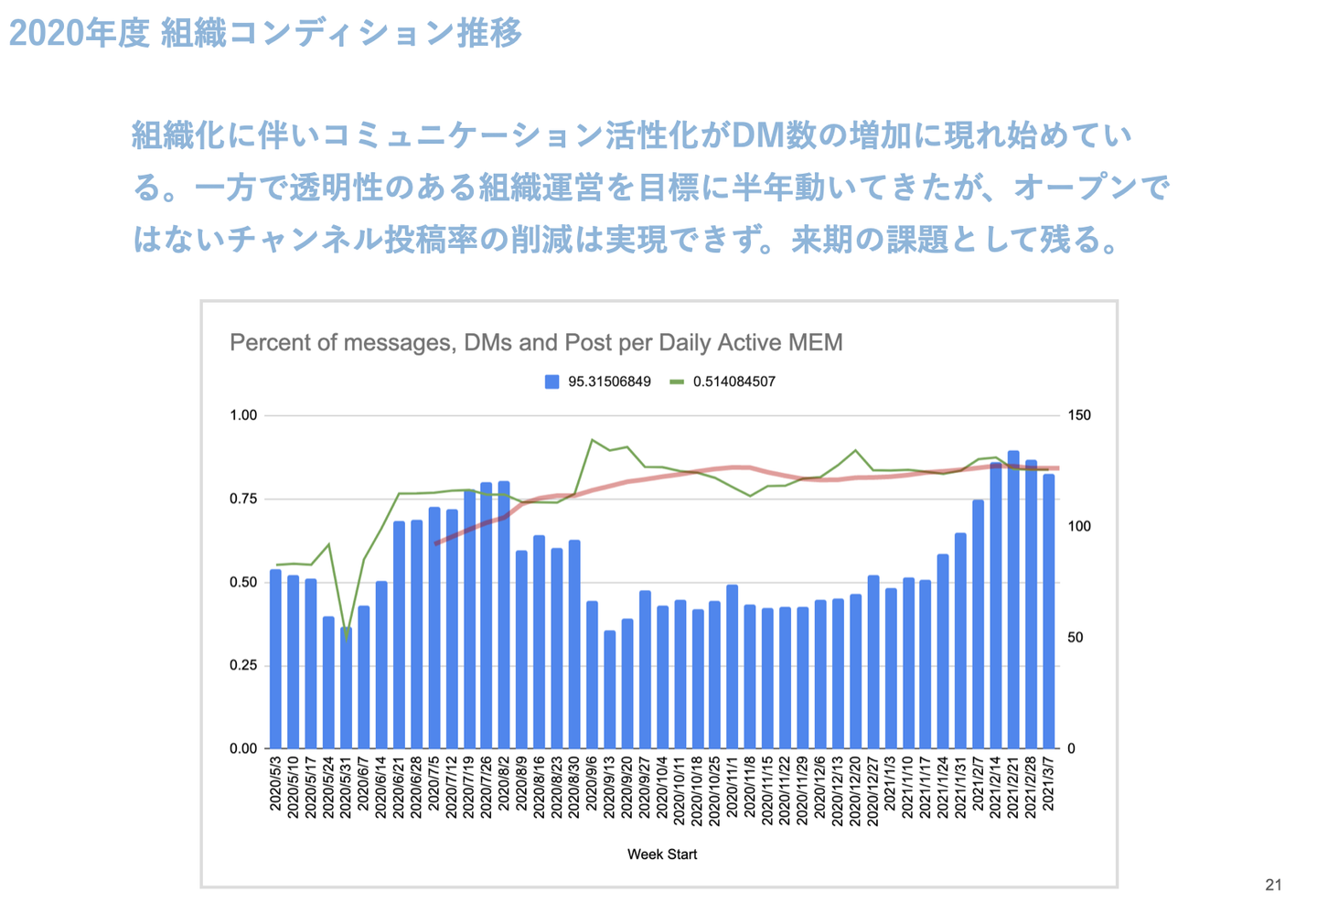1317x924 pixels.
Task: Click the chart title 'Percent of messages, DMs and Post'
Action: pos(536,343)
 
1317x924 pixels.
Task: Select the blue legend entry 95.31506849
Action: pos(599,381)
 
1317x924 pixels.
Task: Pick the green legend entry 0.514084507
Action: pos(723,381)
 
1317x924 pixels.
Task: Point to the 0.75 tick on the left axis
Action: pos(243,499)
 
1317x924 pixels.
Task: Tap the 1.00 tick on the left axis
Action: pos(243,415)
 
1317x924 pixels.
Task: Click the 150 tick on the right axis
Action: pos(1079,415)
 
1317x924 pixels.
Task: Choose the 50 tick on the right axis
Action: pos(1076,638)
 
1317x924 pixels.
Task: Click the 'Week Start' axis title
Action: pos(662,854)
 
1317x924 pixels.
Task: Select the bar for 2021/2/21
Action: pos(1013,599)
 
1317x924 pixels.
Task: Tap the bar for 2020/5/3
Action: pos(275,659)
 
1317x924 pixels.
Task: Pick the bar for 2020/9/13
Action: pos(609,689)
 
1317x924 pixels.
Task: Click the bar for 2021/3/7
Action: pos(1049,611)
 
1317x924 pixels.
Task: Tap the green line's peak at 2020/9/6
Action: pos(592,440)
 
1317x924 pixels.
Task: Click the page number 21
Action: pos(1273,885)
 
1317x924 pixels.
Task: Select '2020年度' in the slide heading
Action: pos(79,34)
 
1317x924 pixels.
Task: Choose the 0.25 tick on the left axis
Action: pos(243,665)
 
